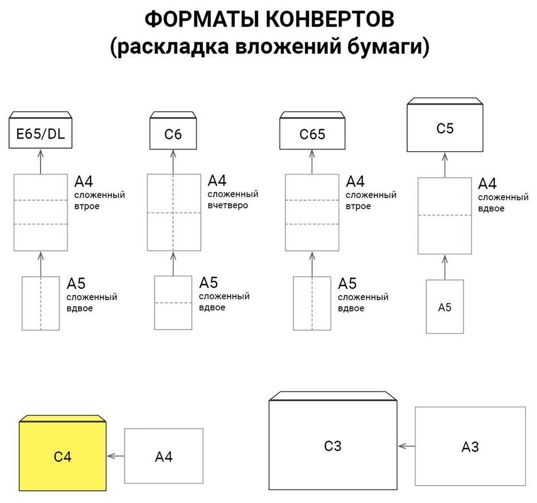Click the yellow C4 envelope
62,456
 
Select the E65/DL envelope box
41,134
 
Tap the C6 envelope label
173,135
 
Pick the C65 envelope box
312,135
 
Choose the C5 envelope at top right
445,128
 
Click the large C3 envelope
333,446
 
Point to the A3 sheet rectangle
470,446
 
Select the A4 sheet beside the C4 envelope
164,456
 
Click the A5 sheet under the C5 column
444,307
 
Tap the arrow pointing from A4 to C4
115,456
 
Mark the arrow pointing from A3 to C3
406,446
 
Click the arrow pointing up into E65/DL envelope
41,161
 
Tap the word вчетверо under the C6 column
228,205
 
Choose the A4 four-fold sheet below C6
173,212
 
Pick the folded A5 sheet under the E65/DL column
41,303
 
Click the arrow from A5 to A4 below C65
312,263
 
